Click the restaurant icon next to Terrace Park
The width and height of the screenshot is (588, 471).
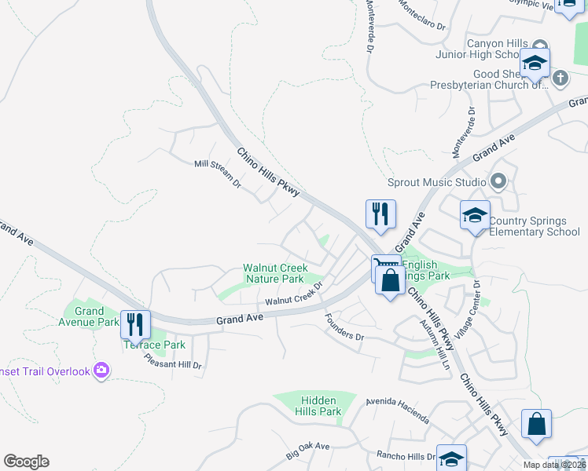tap(138, 323)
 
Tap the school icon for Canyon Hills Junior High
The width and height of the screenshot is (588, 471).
tap(535, 64)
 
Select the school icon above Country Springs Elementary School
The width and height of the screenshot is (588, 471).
tap(476, 216)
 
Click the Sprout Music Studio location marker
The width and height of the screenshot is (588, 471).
tap(497, 182)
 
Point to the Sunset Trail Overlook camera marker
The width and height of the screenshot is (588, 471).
tap(101, 370)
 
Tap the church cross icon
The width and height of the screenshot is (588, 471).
tap(560, 78)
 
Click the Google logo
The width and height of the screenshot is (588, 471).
tap(26, 462)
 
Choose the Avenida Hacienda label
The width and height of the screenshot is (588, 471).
tap(398, 409)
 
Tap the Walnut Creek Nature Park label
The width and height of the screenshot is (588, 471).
tap(274, 273)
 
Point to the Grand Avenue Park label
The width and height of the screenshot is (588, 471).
tap(90, 316)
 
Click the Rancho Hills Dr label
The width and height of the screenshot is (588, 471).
tap(406, 456)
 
